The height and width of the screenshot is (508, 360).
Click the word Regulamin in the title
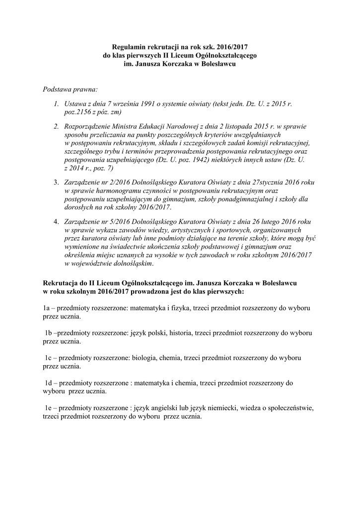[x=128, y=45]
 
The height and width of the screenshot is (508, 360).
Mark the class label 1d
[x=49, y=383]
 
